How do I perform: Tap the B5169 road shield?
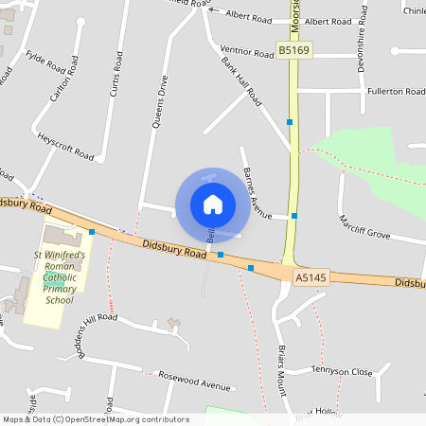point(293,47)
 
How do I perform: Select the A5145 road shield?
point(311,277)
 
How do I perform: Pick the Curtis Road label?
point(116,74)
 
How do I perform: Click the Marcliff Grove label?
point(364,226)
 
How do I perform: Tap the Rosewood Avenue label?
point(195,382)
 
